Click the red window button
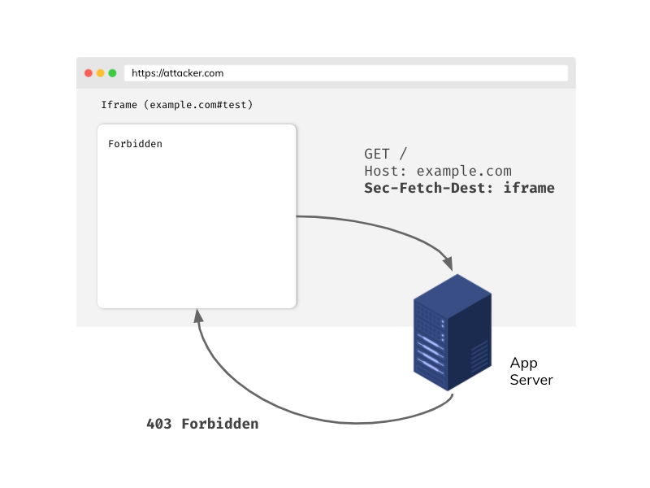click(x=89, y=73)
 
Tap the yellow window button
click(x=100, y=73)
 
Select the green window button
click(x=112, y=73)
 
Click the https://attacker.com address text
click(x=177, y=73)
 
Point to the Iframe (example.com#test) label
click(x=176, y=105)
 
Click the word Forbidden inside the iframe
click(x=135, y=144)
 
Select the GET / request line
click(x=386, y=154)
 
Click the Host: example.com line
click(x=438, y=171)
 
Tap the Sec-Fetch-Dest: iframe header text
click(x=459, y=188)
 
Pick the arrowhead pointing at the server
click(x=447, y=264)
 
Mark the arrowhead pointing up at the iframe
click(x=196, y=316)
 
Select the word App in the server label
click(x=524, y=363)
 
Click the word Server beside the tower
click(x=531, y=380)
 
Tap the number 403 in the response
click(x=159, y=424)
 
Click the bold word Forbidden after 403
click(x=219, y=424)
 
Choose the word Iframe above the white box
click(x=119, y=105)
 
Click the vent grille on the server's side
click(x=479, y=355)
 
